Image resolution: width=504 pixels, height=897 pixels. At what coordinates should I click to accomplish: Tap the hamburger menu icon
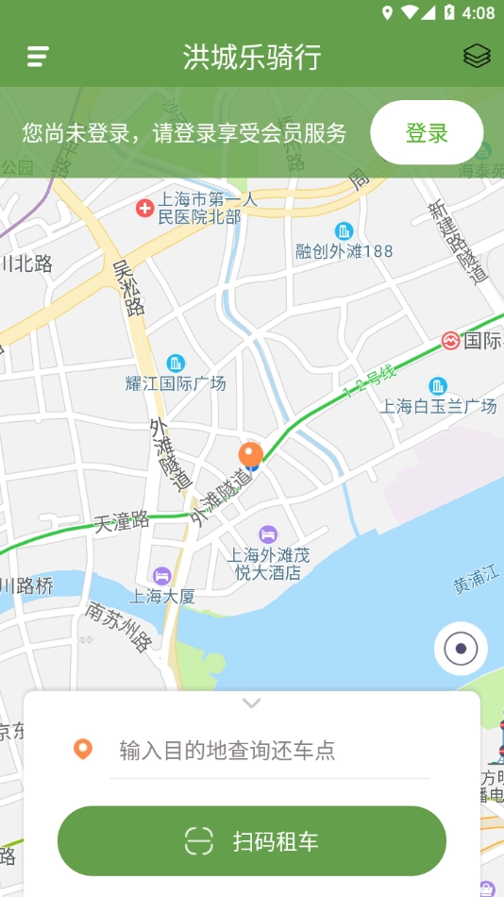point(38,57)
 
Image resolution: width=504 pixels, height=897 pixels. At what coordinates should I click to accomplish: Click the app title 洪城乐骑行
point(252,58)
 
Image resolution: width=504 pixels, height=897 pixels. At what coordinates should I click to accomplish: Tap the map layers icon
point(477,57)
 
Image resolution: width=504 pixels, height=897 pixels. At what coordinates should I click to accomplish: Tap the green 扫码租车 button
point(252,840)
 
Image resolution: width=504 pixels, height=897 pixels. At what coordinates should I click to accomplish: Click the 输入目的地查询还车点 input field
point(269,751)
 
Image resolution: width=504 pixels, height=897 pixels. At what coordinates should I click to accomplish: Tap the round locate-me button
point(461,649)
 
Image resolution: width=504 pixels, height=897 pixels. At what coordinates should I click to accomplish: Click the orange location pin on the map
point(250,455)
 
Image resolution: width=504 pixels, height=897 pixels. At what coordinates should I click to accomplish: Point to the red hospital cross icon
point(144,208)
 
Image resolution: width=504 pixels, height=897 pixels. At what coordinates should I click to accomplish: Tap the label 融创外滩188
point(344,251)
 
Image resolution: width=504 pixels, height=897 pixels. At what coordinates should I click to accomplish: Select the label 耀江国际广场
point(176,383)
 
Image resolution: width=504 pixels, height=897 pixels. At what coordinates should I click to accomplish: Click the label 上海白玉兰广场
point(438,406)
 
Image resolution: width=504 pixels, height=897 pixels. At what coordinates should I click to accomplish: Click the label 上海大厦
point(161,596)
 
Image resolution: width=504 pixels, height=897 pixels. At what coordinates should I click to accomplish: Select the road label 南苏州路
point(118,626)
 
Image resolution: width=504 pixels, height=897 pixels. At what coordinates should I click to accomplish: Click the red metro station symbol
point(450,341)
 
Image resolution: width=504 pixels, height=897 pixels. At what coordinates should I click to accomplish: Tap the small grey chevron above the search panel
point(252,703)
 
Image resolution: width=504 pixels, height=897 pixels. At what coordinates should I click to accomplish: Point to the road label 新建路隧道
point(457,243)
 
